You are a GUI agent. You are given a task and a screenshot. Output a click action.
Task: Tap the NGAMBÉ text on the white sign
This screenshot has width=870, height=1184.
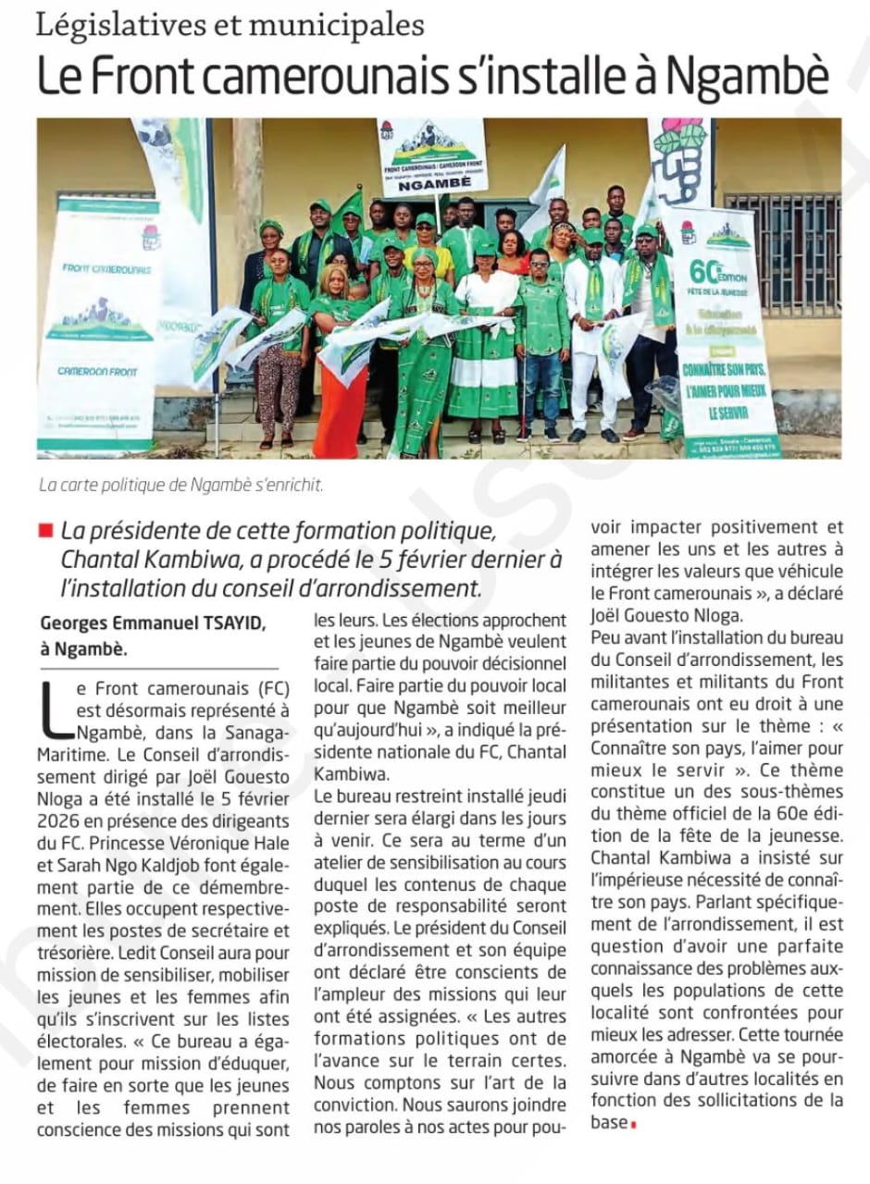click(431, 184)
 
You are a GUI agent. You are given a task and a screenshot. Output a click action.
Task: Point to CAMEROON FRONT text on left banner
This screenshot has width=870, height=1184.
click(98, 371)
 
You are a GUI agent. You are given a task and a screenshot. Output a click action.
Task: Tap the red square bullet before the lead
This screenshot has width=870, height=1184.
click(46, 530)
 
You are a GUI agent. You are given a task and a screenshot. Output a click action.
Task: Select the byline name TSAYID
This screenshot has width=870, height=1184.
click(237, 624)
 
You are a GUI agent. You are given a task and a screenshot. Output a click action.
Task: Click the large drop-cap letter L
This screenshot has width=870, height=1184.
click(53, 713)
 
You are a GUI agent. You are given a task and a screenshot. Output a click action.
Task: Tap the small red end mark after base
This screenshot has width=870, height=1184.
click(635, 1125)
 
